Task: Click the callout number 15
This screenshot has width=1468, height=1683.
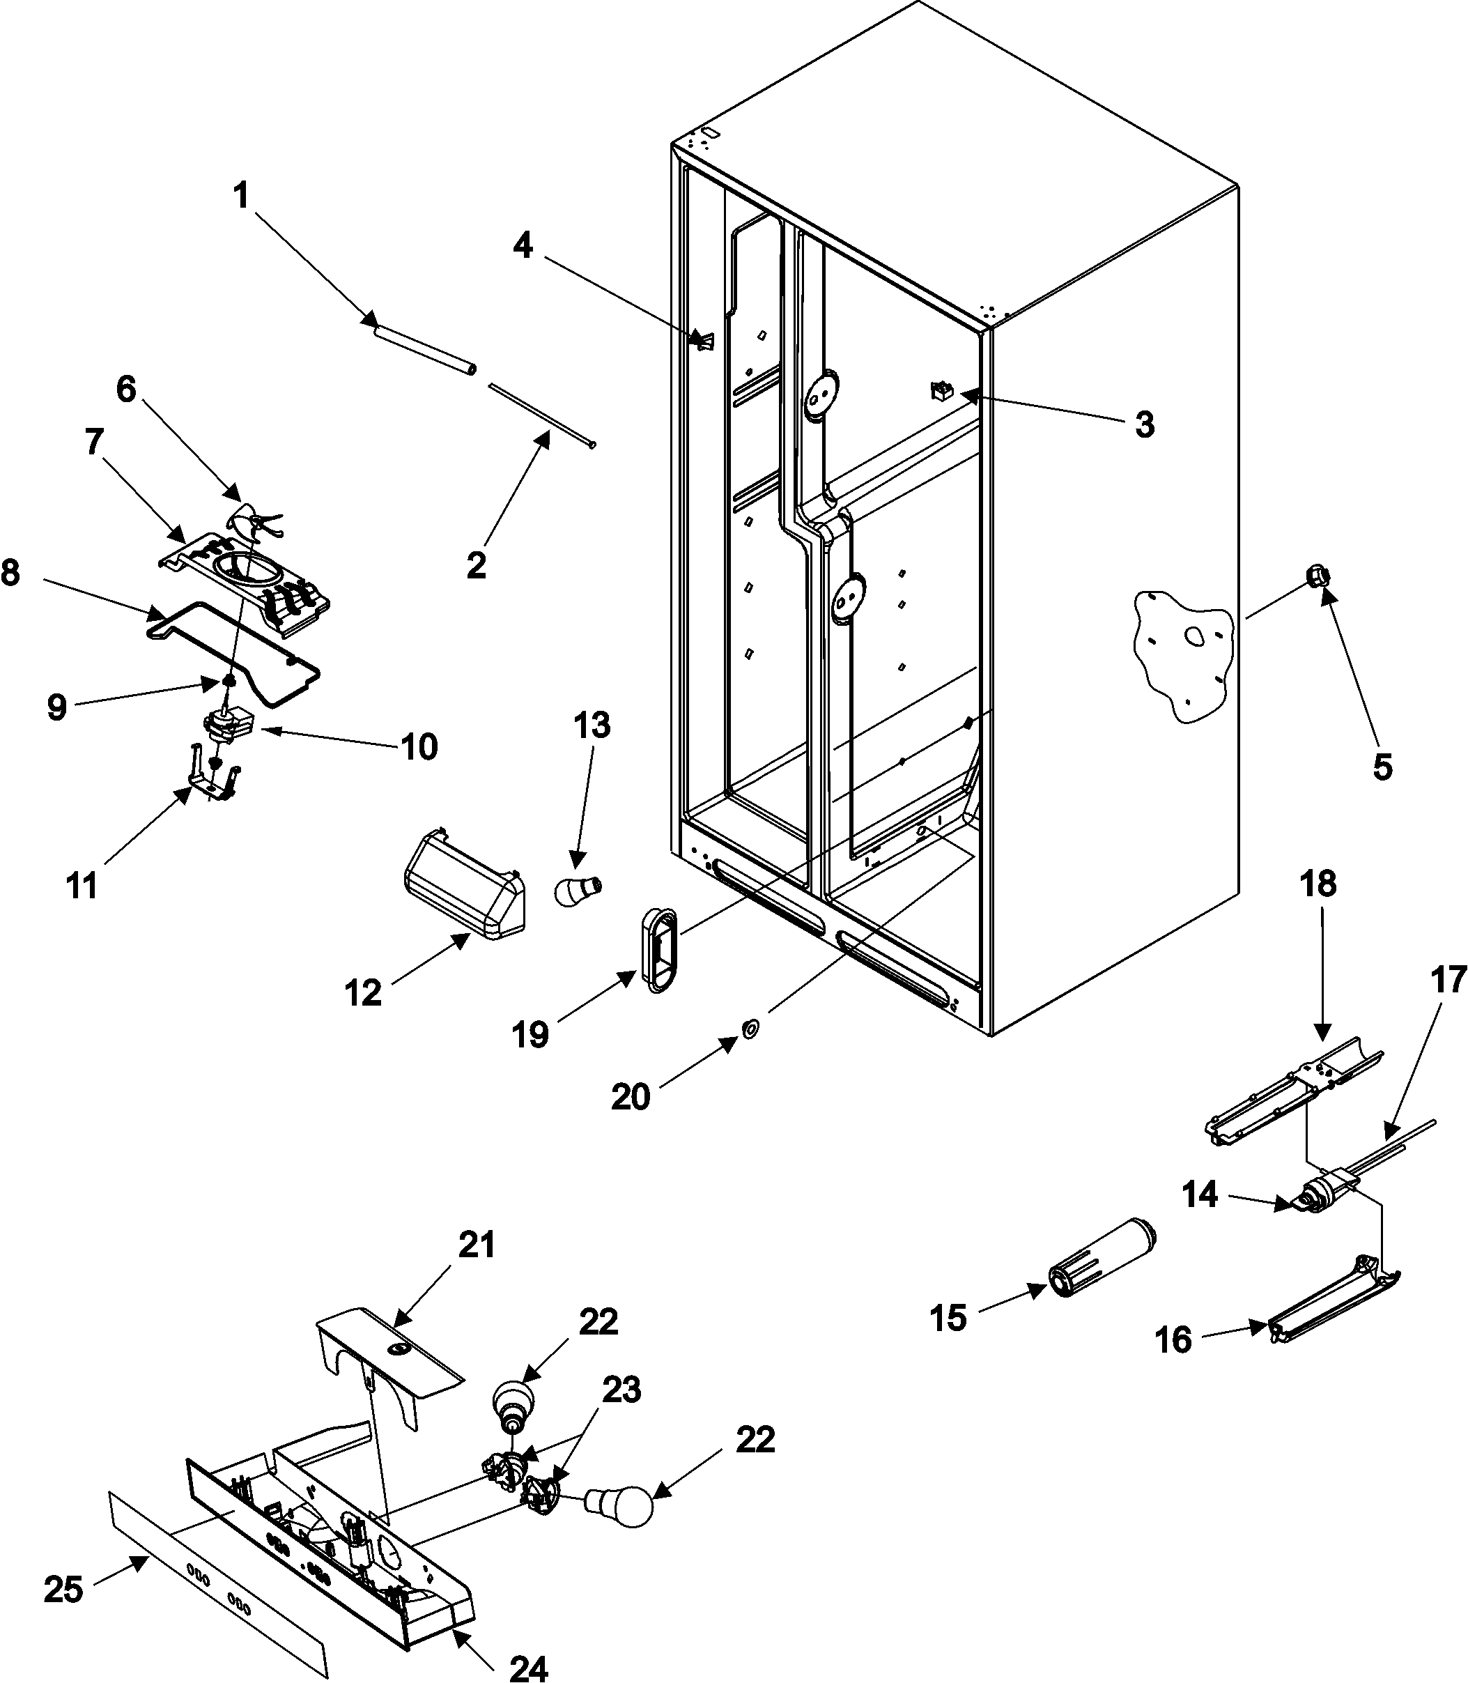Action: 949,1319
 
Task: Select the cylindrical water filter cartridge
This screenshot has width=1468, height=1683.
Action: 1103,1259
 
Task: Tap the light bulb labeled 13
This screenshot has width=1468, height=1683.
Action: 578,889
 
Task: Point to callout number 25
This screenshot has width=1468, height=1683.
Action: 63,1590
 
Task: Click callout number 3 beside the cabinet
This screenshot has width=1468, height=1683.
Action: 1145,424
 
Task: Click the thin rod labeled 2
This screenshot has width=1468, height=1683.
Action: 541,415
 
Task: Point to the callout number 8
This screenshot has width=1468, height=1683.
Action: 10,574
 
